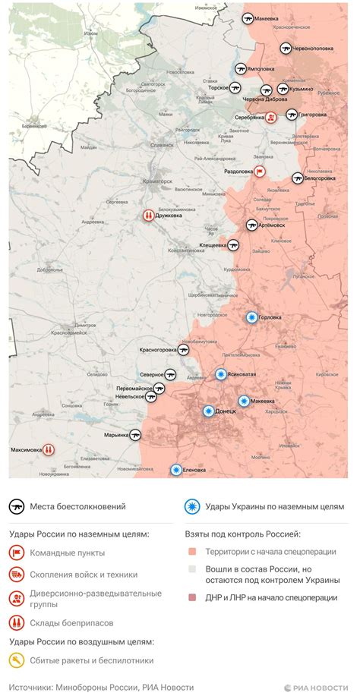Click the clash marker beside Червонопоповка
[x=286, y=48]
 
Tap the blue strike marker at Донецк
[x=209, y=411]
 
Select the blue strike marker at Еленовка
[x=176, y=470]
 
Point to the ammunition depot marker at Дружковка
[x=147, y=216]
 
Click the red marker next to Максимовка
[x=49, y=449]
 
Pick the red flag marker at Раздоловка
[x=260, y=172]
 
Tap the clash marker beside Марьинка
[x=136, y=435]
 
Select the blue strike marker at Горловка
[x=251, y=318]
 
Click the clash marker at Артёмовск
[x=252, y=225]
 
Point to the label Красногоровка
[x=158, y=350]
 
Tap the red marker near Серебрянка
[x=270, y=117]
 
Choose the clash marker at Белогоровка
[x=297, y=178]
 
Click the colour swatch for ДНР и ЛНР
[x=193, y=597]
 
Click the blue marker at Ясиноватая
[x=221, y=373]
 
